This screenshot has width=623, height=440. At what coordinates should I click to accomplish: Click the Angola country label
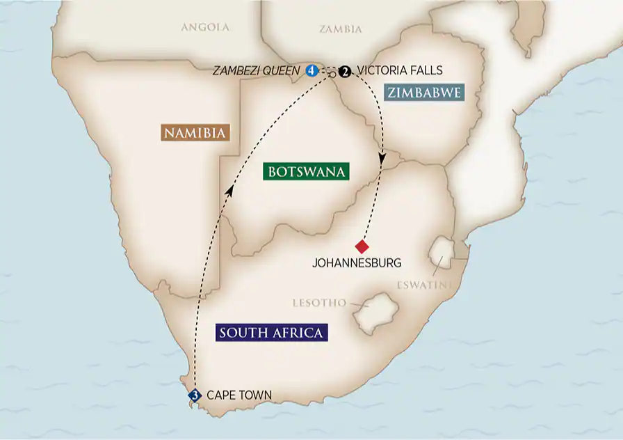click(x=204, y=28)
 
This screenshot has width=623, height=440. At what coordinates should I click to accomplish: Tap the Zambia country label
click(x=341, y=29)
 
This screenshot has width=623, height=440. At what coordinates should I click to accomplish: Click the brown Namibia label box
click(x=195, y=132)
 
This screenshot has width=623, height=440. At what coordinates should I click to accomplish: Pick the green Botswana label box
click(x=306, y=171)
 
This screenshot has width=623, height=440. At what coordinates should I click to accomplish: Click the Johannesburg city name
click(x=357, y=263)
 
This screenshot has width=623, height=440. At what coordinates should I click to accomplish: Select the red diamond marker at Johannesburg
click(x=362, y=246)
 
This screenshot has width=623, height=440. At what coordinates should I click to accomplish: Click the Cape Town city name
click(x=239, y=395)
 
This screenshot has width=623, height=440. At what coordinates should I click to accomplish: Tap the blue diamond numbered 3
click(x=195, y=395)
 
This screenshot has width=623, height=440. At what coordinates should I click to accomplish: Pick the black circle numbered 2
click(x=344, y=70)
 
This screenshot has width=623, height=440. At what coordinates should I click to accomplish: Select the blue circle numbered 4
click(x=311, y=70)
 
